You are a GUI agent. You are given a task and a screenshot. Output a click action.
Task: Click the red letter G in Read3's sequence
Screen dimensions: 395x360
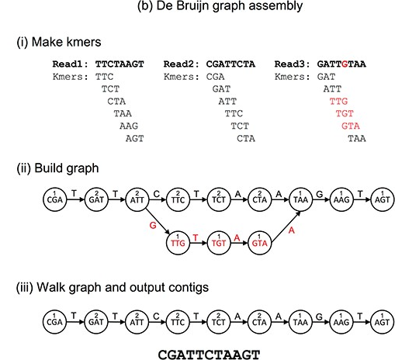[x=345, y=64]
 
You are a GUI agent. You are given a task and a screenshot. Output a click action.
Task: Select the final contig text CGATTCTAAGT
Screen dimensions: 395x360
[x=209, y=355]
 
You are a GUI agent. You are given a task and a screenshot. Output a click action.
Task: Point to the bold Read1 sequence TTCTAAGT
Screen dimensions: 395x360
[x=120, y=64]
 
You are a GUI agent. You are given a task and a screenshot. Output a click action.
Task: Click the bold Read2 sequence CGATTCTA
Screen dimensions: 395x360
[x=230, y=64]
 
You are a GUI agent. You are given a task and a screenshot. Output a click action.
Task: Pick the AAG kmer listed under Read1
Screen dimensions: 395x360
[x=129, y=126]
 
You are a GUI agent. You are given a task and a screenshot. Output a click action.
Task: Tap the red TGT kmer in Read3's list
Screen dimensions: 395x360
[x=345, y=113]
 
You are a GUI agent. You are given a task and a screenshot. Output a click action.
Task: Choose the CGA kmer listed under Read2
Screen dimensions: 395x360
[x=215, y=77]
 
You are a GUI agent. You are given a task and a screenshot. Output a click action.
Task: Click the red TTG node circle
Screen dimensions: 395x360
[x=178, y=243]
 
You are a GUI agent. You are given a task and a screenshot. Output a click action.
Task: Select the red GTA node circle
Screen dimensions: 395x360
[x=259, y=243]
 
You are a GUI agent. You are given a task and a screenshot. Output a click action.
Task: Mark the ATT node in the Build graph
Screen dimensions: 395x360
[x=137, y=199]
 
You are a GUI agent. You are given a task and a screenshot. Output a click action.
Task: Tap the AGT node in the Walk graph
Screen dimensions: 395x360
[x=382, y=322]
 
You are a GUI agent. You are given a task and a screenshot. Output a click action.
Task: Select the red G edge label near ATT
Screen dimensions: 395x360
[x=153, y=226]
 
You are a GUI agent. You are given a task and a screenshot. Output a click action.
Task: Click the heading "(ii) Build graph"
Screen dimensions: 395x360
[x=57, y=168]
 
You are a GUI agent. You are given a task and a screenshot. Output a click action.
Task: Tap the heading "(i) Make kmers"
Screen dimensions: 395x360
[x=59, y=42]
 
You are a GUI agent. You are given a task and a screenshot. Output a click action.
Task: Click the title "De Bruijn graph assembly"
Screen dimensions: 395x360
[x=230, y=6]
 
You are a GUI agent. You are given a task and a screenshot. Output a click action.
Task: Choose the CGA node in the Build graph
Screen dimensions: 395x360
[x=55, y=199]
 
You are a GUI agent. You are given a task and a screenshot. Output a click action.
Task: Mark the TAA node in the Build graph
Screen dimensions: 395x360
[x=300, y=199]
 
